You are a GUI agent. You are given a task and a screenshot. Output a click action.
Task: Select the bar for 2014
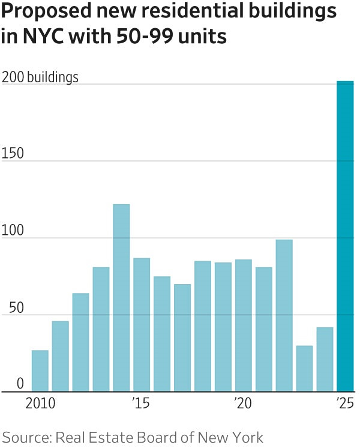click(x=121, y=298)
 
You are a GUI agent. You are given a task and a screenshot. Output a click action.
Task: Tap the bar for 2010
click(x=40, y=371)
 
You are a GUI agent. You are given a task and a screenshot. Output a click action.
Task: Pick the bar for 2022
click(x=284, y=315)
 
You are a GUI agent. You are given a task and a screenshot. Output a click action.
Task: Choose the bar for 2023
click(x=304, y=368)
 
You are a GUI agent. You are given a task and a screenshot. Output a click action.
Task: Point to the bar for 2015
click(x=142, y=324)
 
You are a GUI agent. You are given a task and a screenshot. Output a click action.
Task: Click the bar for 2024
click(x=325, y=359)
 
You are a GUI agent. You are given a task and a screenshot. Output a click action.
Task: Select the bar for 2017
click(x=182, y=338)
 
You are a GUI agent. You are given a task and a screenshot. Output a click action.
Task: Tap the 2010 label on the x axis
click(x=40, y=403)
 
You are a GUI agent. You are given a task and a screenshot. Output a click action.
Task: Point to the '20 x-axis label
click(x=243, y=403)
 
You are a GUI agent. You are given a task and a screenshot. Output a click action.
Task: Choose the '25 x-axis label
click(x=345, y=403)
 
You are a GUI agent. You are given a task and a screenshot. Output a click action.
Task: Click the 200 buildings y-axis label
click(x=40, y=77)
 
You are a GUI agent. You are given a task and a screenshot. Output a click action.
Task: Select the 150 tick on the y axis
click(x=13, y=154)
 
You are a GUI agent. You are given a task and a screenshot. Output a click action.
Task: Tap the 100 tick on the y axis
click(x=13, y=231)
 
